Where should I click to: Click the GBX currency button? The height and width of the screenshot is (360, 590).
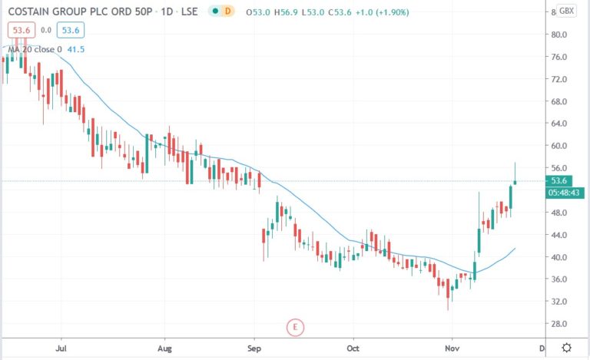(x=567, y=11)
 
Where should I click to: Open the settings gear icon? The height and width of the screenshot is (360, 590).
(x=567, y=347)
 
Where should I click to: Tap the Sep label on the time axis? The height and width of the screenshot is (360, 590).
(x=255, y=348)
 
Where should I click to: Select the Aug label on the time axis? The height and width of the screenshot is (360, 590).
(x=164, y=348)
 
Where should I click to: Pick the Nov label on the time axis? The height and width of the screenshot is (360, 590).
(x=452, y=348)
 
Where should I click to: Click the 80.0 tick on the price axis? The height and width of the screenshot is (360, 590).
(x=559, y=35)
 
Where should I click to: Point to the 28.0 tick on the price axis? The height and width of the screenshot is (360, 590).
(x=559, y=324)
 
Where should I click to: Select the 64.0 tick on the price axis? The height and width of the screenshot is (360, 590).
(x=559, y=124)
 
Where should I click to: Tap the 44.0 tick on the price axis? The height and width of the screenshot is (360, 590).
(x=559, y=235)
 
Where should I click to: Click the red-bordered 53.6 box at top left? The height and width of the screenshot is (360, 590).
(x=20, y=29)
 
